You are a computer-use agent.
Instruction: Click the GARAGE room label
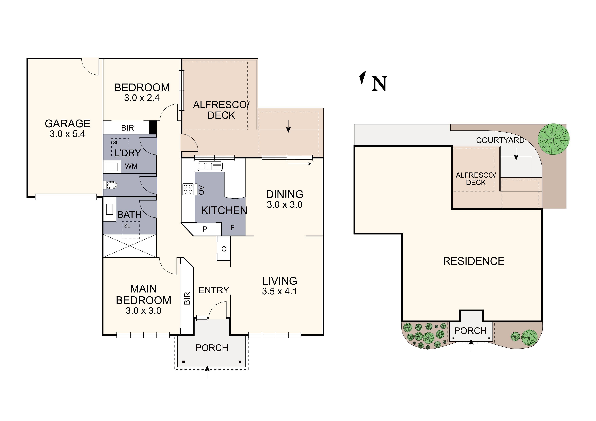pos(67,123)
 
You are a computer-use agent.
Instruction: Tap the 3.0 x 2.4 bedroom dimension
pos(142,98)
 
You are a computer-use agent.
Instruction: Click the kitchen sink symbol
pos(210,166)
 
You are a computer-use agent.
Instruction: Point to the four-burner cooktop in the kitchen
pos(188,189)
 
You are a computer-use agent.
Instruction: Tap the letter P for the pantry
pos(205,229)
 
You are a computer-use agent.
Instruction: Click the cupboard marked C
pos(224,249)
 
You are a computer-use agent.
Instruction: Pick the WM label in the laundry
pos(131,166)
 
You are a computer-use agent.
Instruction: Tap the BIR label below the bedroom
pos(127,128)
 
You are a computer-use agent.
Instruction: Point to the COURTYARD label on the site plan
pos(500,140)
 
